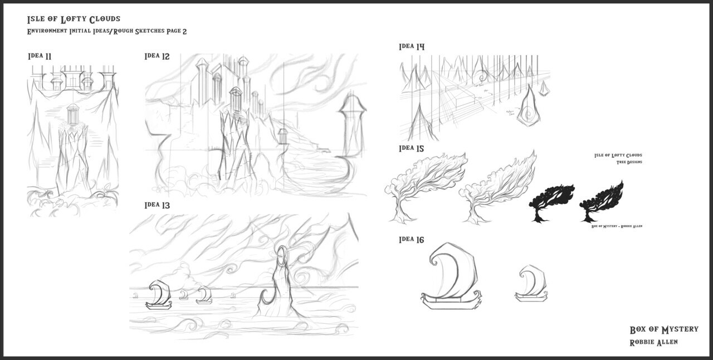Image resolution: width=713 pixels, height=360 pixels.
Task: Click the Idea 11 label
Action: (40, 56)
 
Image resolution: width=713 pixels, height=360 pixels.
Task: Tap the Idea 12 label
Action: (157, 56)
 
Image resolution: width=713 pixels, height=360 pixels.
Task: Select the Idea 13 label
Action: (157, 205)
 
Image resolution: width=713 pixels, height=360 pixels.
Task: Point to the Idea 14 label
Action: (412, 47)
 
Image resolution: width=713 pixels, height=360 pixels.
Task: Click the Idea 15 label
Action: (412, 149)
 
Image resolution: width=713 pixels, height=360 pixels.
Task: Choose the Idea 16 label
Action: (412, 240)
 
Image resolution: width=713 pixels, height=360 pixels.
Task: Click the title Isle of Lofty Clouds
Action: (74, 20)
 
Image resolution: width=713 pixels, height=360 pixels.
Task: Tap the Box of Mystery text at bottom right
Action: (663, 330)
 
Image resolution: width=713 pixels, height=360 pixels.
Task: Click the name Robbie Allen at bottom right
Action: (653, 342)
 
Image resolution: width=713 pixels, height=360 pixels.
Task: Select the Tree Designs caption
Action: (629, 162)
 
